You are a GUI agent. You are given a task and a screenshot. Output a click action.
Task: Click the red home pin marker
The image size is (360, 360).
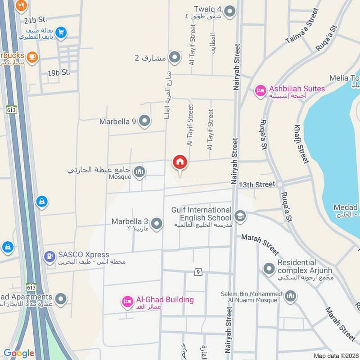pyautogui.click(x=180, y=162)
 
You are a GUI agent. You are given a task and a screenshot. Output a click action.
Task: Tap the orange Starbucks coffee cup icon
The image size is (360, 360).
pyautogui.click(x=32, y=56)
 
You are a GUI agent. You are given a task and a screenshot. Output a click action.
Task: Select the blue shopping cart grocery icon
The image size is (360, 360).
pyautogui.click(x=62, y=32)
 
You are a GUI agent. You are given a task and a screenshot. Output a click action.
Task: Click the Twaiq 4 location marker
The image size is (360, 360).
pyautogui.click(x=230, y=11)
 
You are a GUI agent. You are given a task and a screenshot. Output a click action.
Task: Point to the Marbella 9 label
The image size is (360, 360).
pyautogui.click(x=118, y=121)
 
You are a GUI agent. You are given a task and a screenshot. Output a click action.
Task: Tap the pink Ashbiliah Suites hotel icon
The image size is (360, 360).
pyautogui.click(x=260, y=91)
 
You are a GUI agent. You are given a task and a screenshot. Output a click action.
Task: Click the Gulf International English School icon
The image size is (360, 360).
pyautogui.click(x=240, y=216)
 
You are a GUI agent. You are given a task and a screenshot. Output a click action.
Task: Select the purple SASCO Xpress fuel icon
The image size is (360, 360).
pyautogui.click(x=49, y=257)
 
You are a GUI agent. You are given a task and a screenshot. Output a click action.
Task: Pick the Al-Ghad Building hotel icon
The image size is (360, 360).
pyautogui.click(x=127, y=302)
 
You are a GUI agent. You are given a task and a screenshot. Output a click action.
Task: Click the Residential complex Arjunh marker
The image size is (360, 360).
pyautogui.click(x=269, y=269)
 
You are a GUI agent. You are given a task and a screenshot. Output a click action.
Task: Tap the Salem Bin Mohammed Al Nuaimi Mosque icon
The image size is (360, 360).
pyautogui.click(x=290, y=296)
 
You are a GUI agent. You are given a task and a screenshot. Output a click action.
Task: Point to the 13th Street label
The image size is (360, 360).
pyautogui.click(x=257, y=184)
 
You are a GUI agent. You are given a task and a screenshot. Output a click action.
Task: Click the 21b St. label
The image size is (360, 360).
pyautogui.click(x=36, y=20)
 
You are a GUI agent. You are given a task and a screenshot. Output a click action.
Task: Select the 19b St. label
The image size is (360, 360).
pyautogui.click(x=60, y=72)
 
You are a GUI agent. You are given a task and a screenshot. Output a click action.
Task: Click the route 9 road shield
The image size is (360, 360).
pyautogui.click(x=198, y=272)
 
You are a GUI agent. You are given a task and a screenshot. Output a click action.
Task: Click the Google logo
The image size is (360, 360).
pyautogui.click(x=19, y=353)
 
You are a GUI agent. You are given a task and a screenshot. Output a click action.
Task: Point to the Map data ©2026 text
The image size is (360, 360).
pyautogui.click(x=336, y=355)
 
